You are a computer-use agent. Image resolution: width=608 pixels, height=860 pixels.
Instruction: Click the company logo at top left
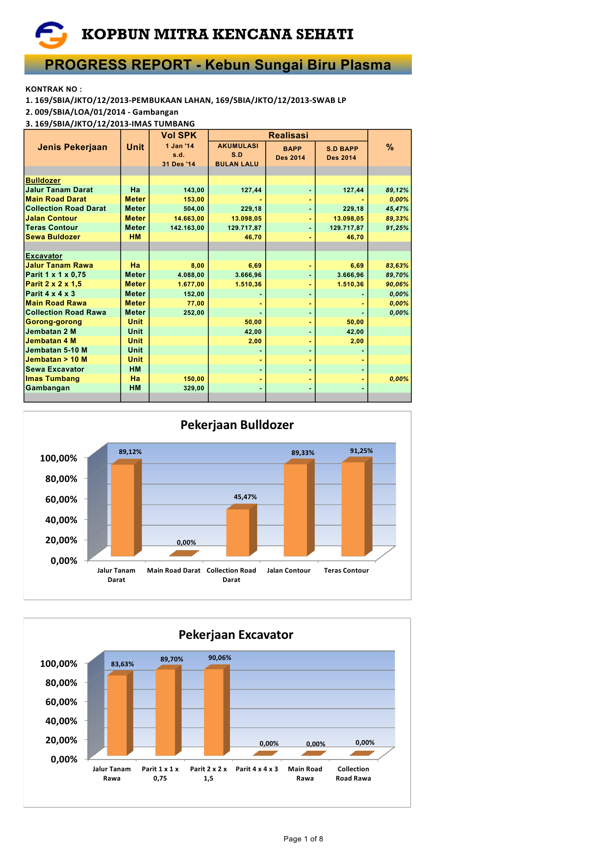pos(51,35)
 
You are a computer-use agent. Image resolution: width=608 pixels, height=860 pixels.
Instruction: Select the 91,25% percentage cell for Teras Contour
pos(397,228)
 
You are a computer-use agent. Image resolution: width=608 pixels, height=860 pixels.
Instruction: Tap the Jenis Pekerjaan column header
pos(72,147)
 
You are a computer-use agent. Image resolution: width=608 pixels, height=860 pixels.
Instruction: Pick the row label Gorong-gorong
pos(54,322)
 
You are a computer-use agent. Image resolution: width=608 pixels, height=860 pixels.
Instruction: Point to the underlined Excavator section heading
pos(44,256)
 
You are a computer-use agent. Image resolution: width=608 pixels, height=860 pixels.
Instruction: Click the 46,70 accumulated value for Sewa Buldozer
pos(253,237)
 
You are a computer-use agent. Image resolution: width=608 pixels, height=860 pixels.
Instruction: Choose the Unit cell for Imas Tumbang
pos(135,379)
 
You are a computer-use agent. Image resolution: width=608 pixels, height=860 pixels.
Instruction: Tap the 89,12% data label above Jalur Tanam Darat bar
pos(130,452)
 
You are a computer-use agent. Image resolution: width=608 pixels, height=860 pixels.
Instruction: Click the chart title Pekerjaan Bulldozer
pos(237,425)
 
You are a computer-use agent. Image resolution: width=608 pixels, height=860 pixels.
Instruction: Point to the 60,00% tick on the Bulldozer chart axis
pos(61,500)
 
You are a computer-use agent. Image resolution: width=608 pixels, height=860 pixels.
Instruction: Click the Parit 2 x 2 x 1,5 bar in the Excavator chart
pos(214,711)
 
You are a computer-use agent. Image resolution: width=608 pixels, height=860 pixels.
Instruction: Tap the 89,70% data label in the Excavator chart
pos(172,659)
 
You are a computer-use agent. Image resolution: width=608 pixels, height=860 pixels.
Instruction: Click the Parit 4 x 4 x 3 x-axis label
pos(256,769)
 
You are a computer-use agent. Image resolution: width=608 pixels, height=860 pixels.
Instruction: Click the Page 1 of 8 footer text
pos(303,839)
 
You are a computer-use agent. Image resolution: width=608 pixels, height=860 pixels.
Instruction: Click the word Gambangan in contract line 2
pos(155,112)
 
